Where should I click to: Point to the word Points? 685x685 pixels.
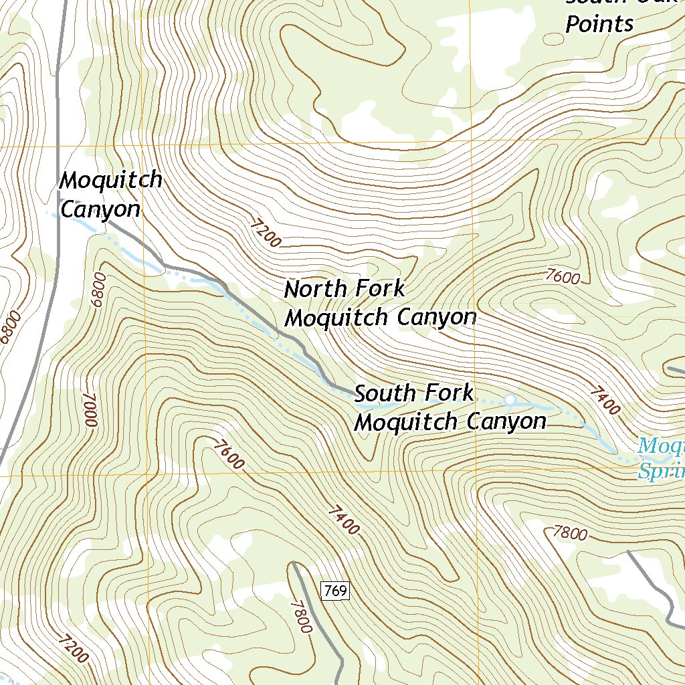[599, 25]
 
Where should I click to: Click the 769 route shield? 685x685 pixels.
[335, 591]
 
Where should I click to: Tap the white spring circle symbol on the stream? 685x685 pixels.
[510, 400]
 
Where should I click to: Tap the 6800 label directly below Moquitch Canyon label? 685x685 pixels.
[100, 289]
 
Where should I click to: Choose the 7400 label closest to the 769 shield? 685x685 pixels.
[344, 520]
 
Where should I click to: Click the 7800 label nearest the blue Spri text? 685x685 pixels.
[570, 533]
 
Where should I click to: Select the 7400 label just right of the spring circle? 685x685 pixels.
[605, 400]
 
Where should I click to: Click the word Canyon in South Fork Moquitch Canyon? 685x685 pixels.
[506, 421]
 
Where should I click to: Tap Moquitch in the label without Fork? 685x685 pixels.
[111, 180]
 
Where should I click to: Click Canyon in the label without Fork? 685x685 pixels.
[100, 209]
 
